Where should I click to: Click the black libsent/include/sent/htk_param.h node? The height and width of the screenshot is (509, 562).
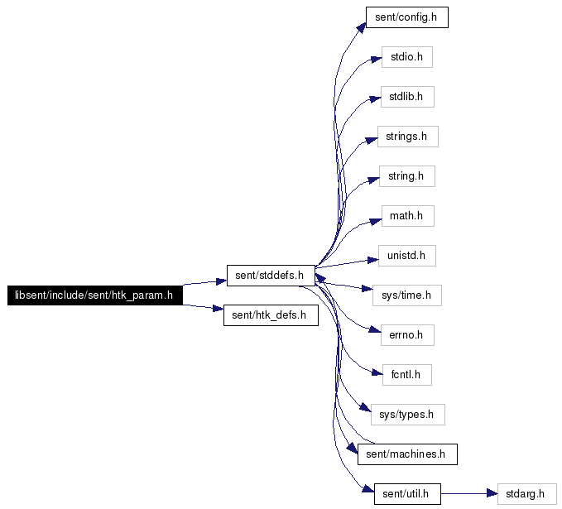(x=95, y=295)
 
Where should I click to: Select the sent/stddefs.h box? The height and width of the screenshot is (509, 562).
(x=271, y=276)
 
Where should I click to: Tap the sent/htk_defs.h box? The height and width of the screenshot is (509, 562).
(x=271, y=315)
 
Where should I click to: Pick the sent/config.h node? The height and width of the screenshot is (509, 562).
(x=406, y=17)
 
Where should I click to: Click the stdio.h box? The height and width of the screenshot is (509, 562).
(x=406, y=57)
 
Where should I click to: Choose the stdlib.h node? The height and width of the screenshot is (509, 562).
(x=407, y=97)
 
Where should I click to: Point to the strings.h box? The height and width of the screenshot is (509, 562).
(x=407, y=137)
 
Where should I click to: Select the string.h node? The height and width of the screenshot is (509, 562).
(x=406, y=176)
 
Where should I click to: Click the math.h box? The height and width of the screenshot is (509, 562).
(x=407, y=216)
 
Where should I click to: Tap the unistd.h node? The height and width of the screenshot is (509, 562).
(x=406, y=256)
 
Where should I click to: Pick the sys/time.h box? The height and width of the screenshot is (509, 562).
(x=406, y=295)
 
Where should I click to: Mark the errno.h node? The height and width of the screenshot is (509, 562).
(x=407, y=335)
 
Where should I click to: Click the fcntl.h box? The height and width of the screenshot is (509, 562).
(x=406, y=375)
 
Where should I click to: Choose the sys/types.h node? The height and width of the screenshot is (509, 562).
(x=407, y=415)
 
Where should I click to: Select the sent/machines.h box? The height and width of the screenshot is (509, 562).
(x=407, y=454)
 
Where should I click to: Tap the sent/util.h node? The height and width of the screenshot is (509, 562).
(x=407, y=494)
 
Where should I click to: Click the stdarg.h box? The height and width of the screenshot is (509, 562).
(x=527, y=494)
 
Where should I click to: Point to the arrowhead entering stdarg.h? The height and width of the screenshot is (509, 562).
(x=492, y=494)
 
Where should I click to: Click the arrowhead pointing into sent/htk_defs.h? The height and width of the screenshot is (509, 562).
(x=219, y=309)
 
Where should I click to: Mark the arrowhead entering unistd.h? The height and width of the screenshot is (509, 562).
(x=373, y=260)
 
